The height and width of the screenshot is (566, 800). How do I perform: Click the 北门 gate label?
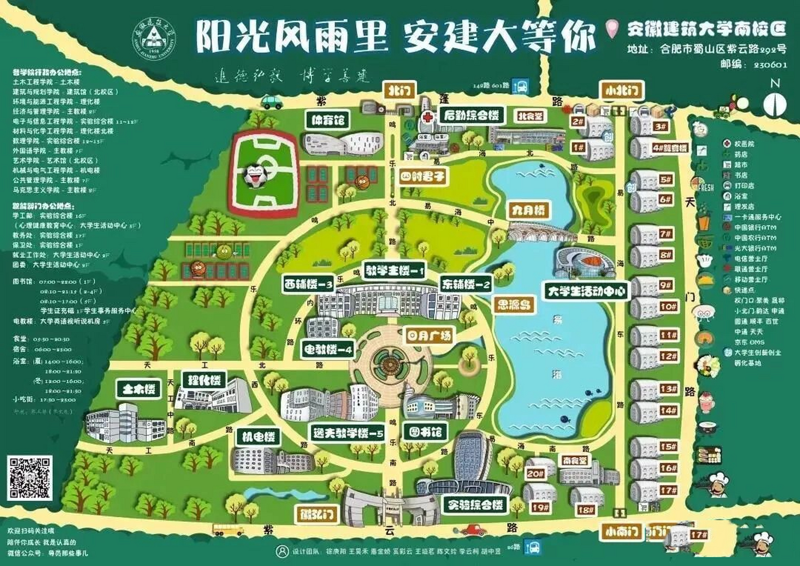400,91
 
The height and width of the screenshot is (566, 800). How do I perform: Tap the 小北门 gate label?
621,91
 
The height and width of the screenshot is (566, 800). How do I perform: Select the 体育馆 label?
328,120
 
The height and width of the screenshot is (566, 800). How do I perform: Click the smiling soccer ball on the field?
254,176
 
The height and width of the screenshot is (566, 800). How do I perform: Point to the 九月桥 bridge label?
528,210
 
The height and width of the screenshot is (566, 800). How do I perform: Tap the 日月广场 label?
429,336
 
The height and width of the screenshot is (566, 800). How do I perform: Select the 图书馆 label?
425,432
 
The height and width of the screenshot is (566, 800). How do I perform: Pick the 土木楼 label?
139,389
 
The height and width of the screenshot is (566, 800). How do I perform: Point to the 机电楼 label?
258,437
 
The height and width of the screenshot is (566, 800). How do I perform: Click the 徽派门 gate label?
316,514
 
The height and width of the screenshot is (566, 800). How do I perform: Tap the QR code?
30,478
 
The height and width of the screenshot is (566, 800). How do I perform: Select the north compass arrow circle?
775,104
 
